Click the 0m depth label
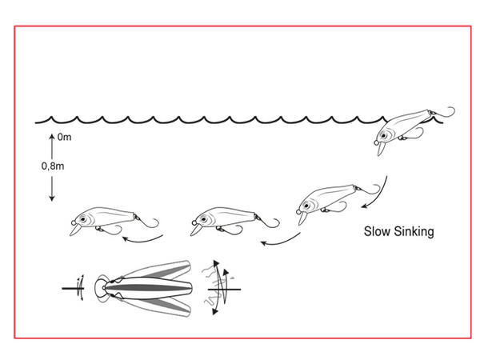coord(64,137)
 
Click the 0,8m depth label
coord(53,166)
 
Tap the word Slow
coord(377,231)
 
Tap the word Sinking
coord(414,232)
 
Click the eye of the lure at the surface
coord(383,135)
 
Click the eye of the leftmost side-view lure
coord(82,219)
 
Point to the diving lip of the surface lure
coord(381,149)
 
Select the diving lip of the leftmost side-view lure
coord(74,230)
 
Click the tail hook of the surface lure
coord(443,112)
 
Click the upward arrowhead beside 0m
coord(52,136)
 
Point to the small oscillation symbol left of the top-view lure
coord(80,288)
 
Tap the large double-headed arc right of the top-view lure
coord(221,287)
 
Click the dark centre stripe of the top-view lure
coord(147,288)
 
